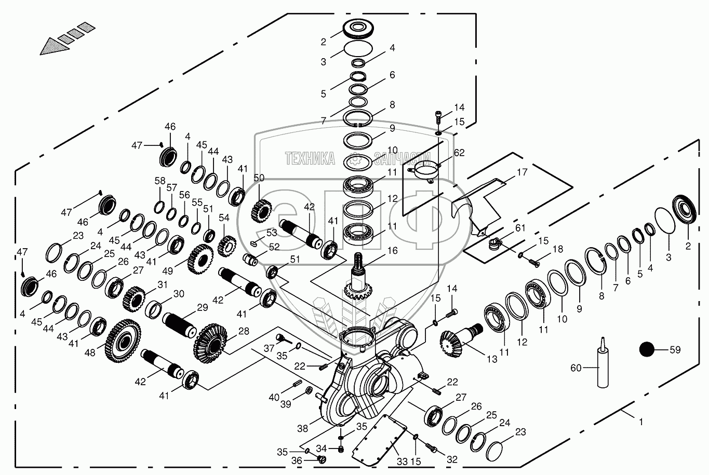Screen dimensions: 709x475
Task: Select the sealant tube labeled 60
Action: (x=603, y=368)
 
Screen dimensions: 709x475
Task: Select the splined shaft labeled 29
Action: (x=180, y=325)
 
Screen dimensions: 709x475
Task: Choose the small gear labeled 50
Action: (x=261, y=211)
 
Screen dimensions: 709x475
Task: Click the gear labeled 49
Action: (x=200, y=259)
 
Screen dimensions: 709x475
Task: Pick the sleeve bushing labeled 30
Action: (x=154, y=309)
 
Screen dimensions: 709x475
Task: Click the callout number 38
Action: (x=303, y=428)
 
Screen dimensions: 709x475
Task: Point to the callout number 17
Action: (x=522, y=172)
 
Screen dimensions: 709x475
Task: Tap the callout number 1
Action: (x=641, y=422)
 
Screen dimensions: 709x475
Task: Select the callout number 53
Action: (x=272, y=233)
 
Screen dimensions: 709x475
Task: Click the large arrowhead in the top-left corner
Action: (x=55, y=47)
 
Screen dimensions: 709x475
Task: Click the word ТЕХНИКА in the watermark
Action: (x=310, y=158)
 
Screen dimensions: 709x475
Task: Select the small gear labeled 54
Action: (x=228, y=247)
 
